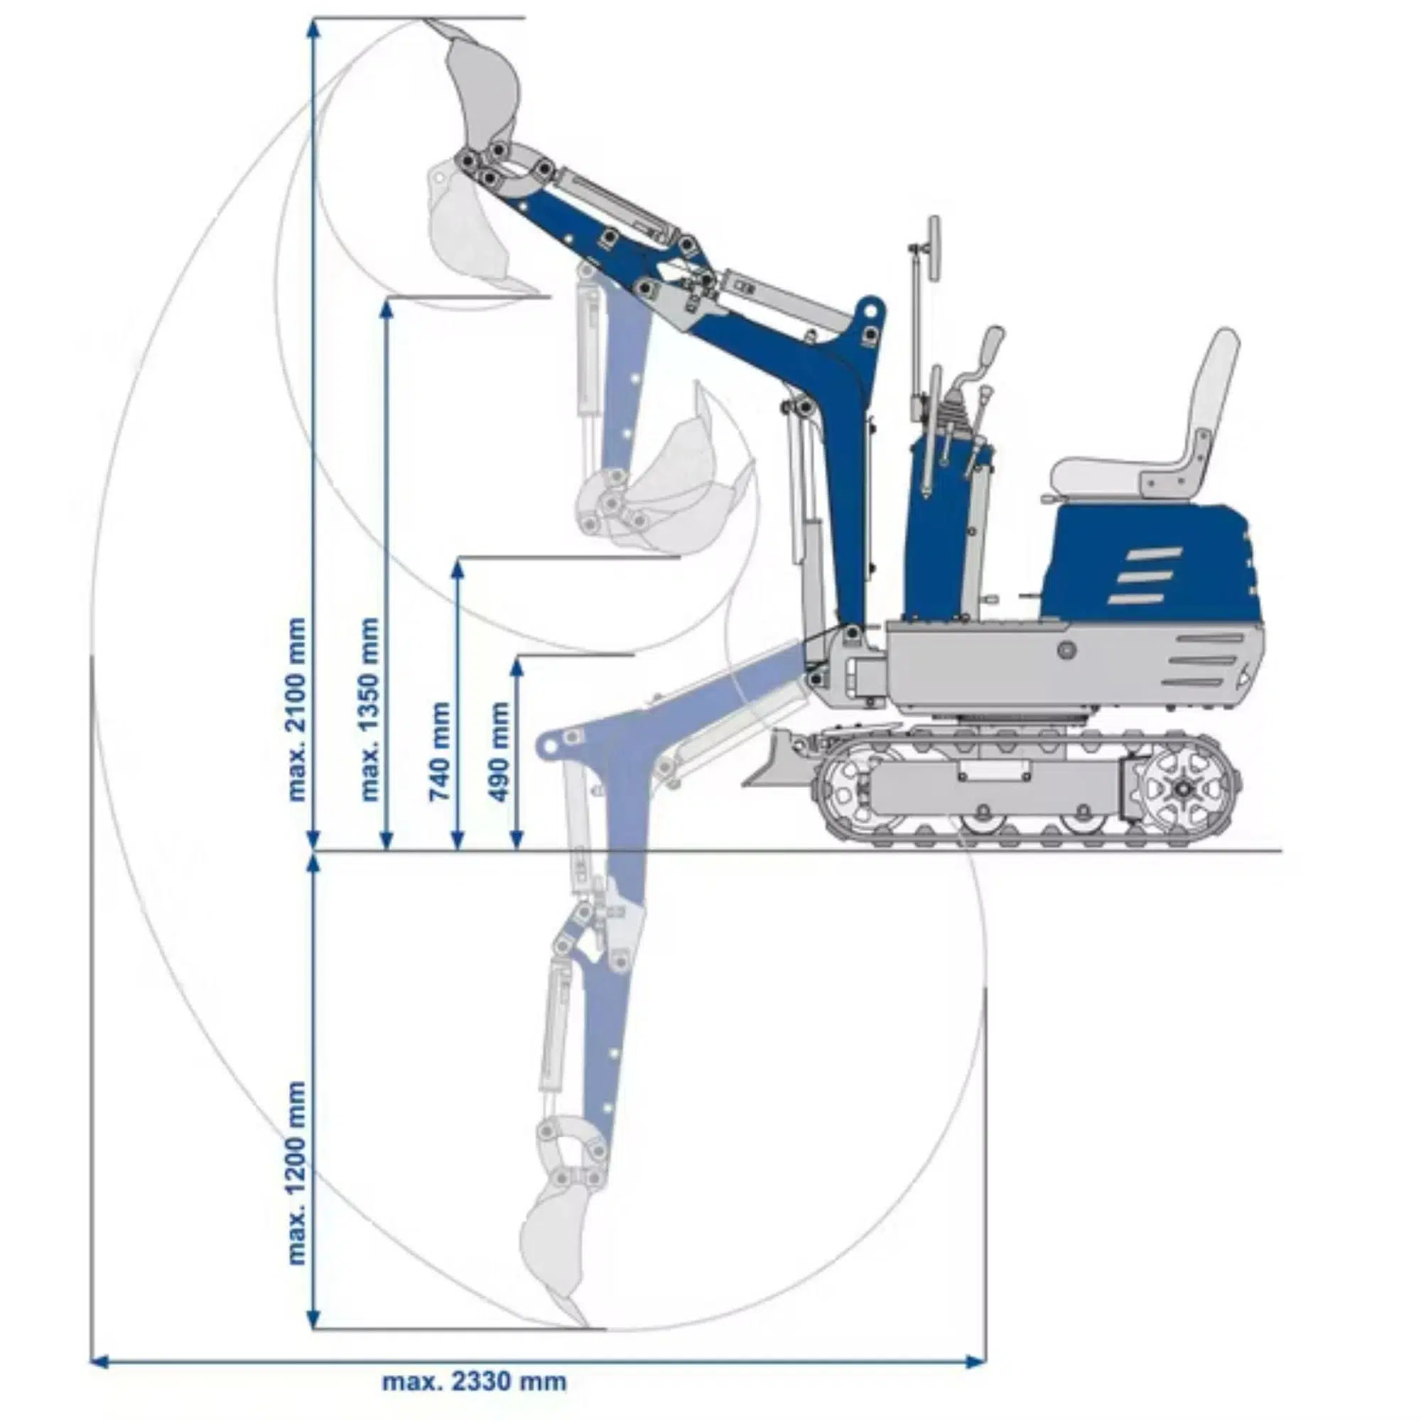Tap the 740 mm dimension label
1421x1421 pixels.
point(439,751)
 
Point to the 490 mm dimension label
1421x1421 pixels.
point(499,751)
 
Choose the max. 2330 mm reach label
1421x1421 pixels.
point(475,1381)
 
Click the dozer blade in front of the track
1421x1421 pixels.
point(776,760)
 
